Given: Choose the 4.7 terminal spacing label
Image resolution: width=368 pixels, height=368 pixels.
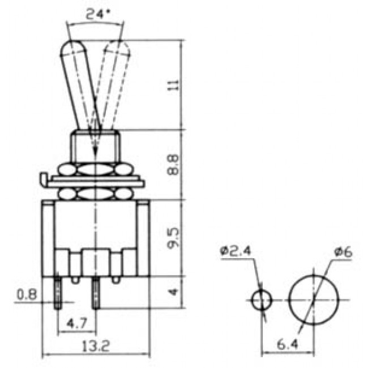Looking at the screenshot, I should point(76,324).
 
